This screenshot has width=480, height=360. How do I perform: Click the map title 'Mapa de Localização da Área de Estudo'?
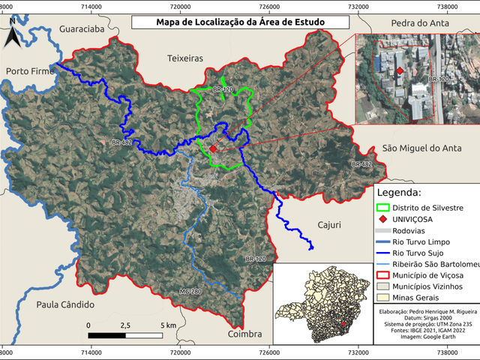[x=239, y=22]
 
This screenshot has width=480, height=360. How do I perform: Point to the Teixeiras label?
[x=185, y=57]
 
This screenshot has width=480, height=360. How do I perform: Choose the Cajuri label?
[x=329, y=224]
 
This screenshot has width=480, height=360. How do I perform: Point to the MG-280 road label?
[x=190, y=292]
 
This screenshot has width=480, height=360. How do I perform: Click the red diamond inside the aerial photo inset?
[x=400, y=71]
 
